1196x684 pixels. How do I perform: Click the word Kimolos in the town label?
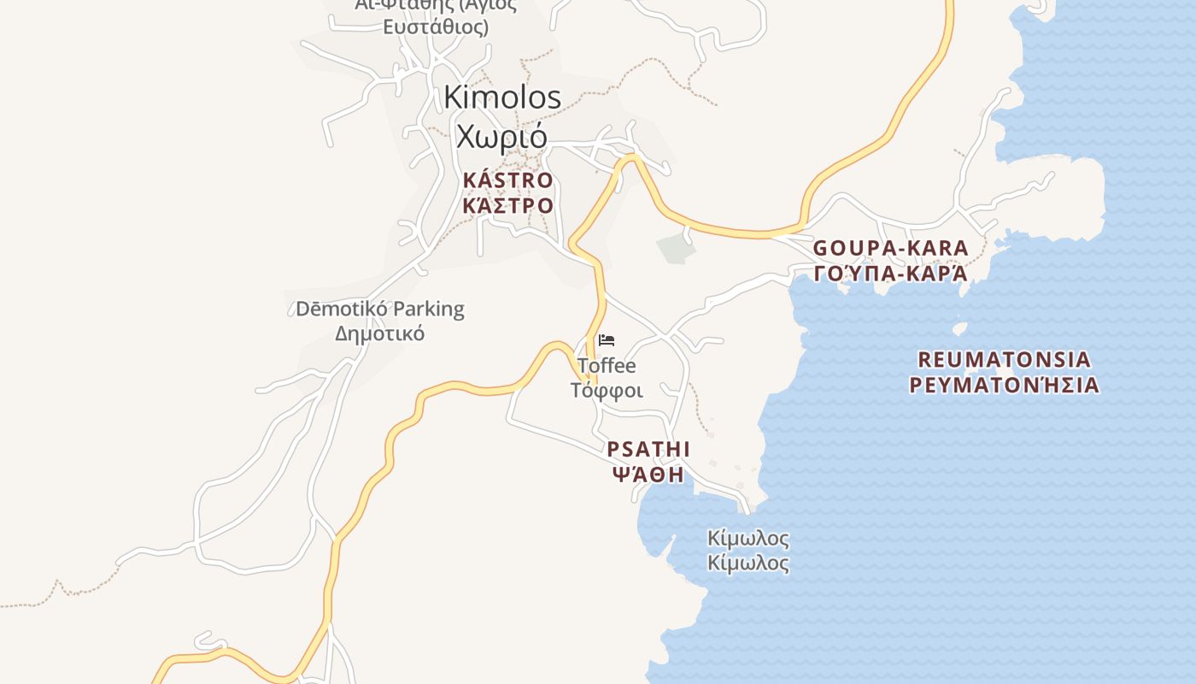click(x=502, y=97)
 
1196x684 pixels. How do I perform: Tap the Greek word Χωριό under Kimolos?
click(x=501, y=135)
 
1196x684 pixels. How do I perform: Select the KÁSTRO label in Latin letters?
click(x=507, y=180)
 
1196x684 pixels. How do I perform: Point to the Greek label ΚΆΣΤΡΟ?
click(x=507, y=206)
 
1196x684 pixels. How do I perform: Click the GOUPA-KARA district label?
click(x=890, y=248)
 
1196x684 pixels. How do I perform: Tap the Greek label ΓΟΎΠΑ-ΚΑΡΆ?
click(x=890, y=274)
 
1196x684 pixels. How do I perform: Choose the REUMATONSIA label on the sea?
click(x=1004, y=359)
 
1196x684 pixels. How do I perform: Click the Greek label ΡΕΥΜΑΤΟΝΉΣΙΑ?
click(x=1004, y=385)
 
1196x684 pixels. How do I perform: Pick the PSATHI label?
click(x=648, y=449)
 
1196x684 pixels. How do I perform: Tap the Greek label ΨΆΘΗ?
click(x=648, y=475)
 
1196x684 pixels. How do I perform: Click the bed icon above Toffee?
click(x=607, y=340)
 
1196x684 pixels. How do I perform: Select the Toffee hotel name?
click(x=607, y=366)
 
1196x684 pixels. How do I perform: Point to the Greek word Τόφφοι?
click(x=607, y=391)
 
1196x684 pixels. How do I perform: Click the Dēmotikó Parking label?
click(x=379, y=309)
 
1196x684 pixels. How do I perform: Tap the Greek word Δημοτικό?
click(x=379, y=333)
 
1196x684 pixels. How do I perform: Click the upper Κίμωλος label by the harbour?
click(x=748, y=540)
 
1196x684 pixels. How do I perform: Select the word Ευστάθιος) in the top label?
click(x=435, y=27)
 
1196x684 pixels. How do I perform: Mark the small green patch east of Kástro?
click(x=677, y=247)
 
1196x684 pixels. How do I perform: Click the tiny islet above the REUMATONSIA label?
click(x=959, y=328)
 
